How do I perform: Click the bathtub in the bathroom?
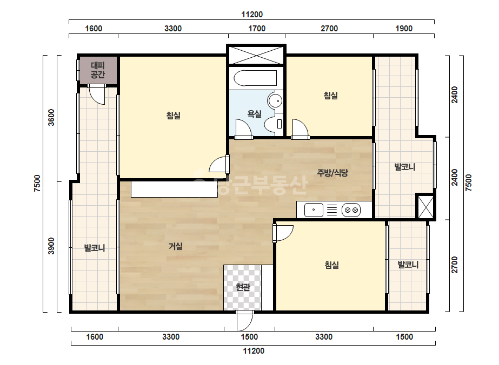coord(255,78)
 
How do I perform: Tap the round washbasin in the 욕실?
coord(275,101)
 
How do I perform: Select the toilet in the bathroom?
coord(274,123)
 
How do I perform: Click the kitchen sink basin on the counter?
coord(314,210)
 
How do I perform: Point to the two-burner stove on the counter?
coord(351,210)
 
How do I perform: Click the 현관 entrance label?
coord(243,287)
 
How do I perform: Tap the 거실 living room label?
coord(176,246)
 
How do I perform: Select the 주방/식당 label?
coord(332,173)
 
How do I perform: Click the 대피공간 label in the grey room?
coord(98,70)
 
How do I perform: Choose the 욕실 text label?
coord(254,113)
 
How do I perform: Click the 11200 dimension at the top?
coord(252,15)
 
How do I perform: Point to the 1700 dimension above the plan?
coord(257,29)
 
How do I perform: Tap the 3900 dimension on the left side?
coord(51,246)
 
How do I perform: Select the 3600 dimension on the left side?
coord(51,118)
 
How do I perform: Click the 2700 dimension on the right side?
coord(455,265)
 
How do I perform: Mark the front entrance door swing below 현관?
coord(244,321)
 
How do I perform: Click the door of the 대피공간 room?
coord(97,94)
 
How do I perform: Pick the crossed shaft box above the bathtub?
coord(256,55)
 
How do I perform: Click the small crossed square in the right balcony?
coord(425,207)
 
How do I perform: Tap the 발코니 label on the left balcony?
coord(95,248)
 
